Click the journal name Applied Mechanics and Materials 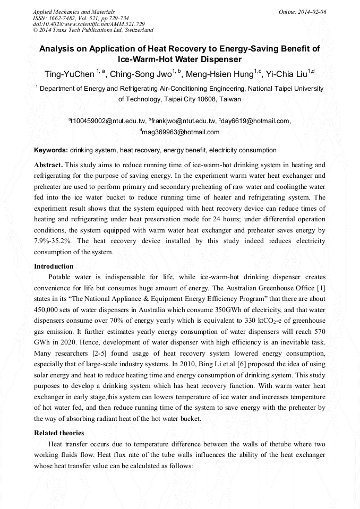click(x=74, y=11)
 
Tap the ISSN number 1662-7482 click(x=63, y=18)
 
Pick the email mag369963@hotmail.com click(x=181, y=132)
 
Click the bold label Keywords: click(x=51, y=150)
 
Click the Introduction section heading click(x=54, y=266)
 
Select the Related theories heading click(x=59, y=433)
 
